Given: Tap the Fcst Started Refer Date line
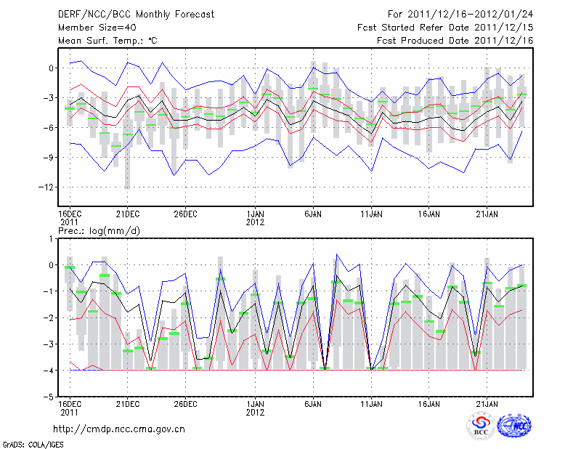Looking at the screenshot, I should click(445, 28).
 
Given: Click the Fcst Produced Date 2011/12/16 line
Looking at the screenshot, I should click(455, 41).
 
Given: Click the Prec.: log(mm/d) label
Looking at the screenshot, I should click(99, 230).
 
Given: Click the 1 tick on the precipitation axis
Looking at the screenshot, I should click(51, 238).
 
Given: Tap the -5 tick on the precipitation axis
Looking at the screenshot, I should click(49, 397).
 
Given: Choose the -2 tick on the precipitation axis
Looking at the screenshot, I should click(49, 318).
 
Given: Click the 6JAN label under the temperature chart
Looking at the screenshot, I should click(313, 214).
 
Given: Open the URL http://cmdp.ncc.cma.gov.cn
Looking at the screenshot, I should click(120, 429).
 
